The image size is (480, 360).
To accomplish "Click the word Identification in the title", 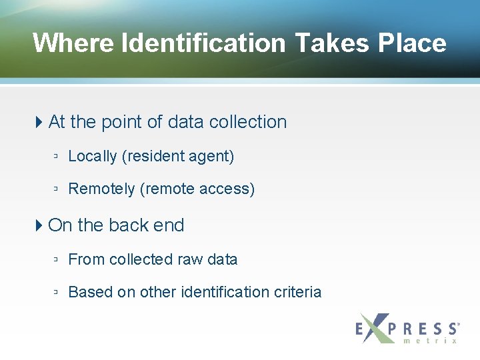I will click(x=203, y=43).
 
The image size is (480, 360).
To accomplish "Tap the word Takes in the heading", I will click(x=331, y=43).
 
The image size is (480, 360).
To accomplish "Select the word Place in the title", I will click(x=412, y=43).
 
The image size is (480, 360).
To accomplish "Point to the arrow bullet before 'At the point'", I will click(x=39, y=122).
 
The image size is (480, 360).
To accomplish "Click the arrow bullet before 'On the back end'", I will click(x=39, y=225).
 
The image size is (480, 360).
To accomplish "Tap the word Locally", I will click(x=93, y=156).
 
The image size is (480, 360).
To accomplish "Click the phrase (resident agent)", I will click(x=178, y=156).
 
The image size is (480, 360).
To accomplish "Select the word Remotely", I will click(x=101, y=189).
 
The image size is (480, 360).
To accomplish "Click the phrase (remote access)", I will click(x=197, y=189).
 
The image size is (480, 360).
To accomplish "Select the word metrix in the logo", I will click(x=431, y=341).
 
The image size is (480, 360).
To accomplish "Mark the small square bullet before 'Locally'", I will click(x=57, y=157).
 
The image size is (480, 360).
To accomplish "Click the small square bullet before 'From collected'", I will click(x=57, y=260).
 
